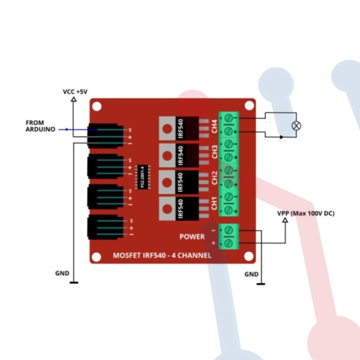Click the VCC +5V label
coord(75,91)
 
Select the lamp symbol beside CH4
coord(296,125)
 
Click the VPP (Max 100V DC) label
coord(306,213)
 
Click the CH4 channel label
coord(214,126)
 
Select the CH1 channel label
coord(214,203)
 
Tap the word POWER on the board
coord(192,236)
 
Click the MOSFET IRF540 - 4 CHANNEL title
coord(161,255)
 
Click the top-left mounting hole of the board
coord(97,106)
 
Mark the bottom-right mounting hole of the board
coord(248,256)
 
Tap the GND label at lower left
coord(62,273)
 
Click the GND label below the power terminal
coord(251,274)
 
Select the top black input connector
coord(105,136)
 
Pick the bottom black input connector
coord(105,227)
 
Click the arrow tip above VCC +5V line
coord(74,99)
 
